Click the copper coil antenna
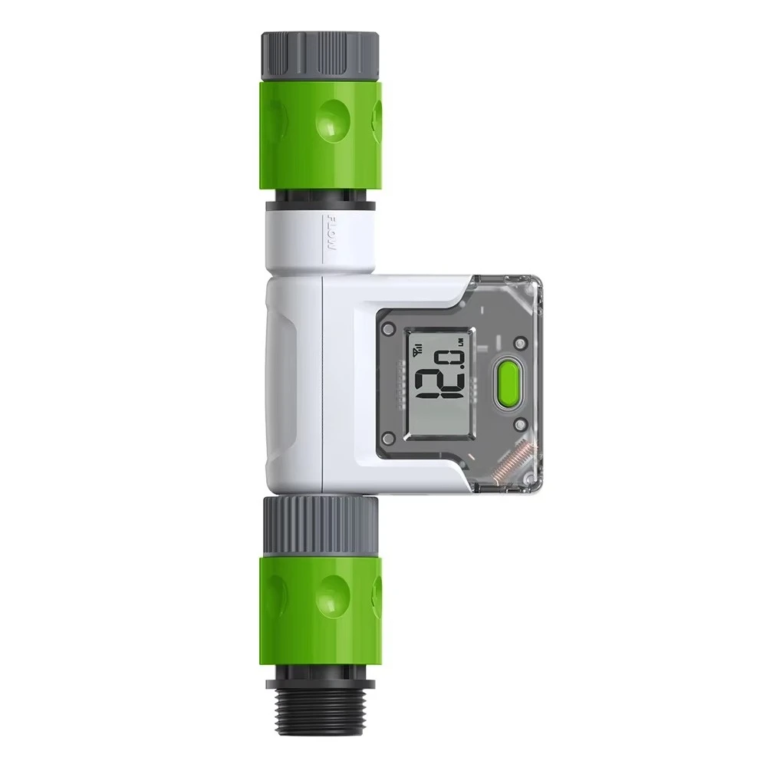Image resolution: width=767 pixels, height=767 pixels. (512, 462)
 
